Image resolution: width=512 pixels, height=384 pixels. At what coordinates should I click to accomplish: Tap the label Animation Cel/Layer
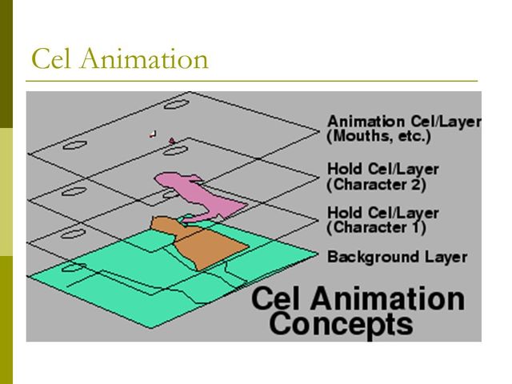point(404,122)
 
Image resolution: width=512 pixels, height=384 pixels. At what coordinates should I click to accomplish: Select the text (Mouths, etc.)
point(379,137)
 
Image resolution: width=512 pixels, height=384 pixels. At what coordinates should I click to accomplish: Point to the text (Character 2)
point(376,185)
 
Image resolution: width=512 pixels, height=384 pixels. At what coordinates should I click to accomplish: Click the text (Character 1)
point(376,228)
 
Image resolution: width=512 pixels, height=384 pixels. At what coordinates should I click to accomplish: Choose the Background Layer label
point(397,258)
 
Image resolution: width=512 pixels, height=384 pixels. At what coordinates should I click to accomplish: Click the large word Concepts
point(341,324)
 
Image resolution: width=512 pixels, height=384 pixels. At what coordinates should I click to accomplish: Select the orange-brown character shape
point(204,244)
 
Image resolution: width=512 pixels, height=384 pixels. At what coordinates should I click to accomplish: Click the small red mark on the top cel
point(171,141)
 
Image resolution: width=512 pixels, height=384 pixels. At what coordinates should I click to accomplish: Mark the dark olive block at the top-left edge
point(6,64)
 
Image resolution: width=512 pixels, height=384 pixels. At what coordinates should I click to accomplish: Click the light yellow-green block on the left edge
point(6,192)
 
